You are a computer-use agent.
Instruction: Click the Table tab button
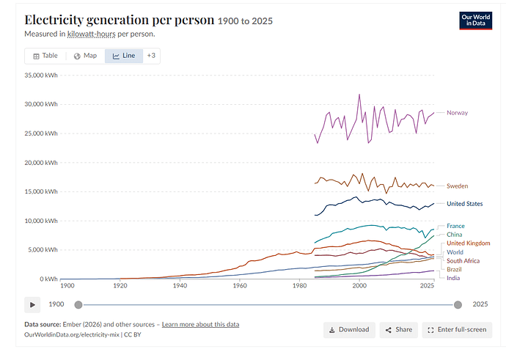(x=45, y=56)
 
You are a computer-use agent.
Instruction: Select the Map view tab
(x=86, y=56)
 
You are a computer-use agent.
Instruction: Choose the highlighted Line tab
(x=124, y=56)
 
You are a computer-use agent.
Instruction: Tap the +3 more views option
(x=151, y=56)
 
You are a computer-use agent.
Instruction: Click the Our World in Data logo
(x=476, y=21)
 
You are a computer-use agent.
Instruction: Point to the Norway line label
(x=458, y=113)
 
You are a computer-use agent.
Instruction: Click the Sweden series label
(x=458, y=185)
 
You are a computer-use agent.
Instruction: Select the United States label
(x=465, y=204)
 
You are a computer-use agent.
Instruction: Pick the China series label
(x=455, y=235)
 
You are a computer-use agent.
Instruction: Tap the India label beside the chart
(x=453, y=278)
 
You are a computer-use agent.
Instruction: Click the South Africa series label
(x=463, y=260)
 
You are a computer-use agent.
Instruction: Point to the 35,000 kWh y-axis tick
(x=41, y=76)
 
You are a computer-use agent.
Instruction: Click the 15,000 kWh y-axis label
(x=41, y=191)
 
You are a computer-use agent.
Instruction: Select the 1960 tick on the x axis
(x=240, y=286)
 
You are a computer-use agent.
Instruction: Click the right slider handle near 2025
(x=458, y=305)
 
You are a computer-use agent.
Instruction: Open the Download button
(x=349, y=330)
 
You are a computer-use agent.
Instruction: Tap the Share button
(x=398, y=330)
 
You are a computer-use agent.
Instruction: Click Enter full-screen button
(x=457, y=330)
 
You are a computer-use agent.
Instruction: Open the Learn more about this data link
(x=200, y=325)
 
